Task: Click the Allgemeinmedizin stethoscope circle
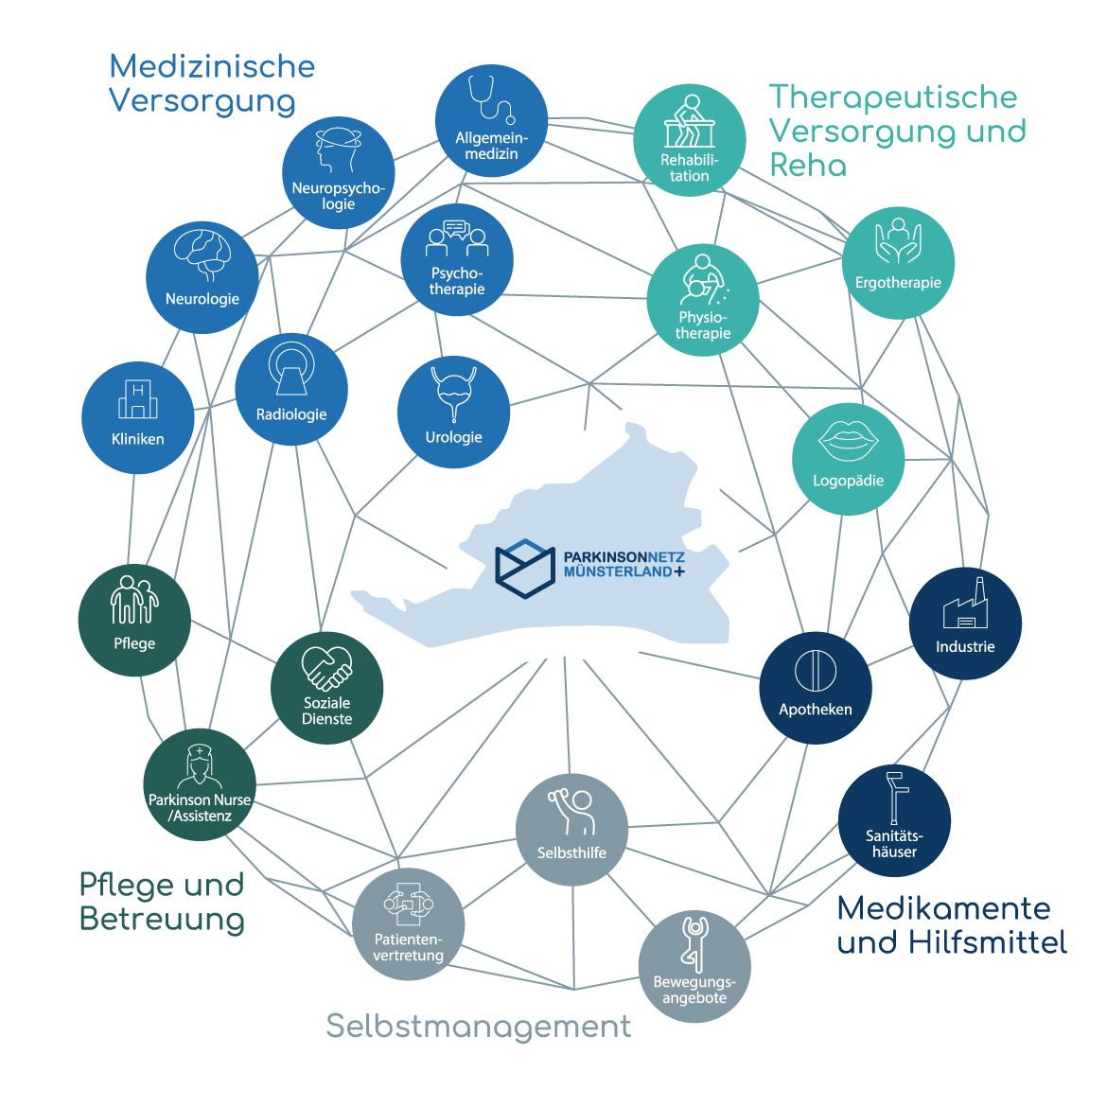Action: pyautogui.click(x=491, y=120)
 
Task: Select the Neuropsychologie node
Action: pyautogui.click(x=338, y=173)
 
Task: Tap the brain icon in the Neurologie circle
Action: pyautogui.click(x=202, y=254)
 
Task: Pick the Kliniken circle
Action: pyautogui.click(x=138, y=417)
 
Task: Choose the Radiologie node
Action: pyautogui.click(x=291, y=389)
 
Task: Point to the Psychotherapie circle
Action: pyautogui.click(x=457, y=260)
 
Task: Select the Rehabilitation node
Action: pyautogui.click(x=690, y=141)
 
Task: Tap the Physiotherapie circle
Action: pyautogui.click(x=703, y=300)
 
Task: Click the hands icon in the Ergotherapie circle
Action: pyautogui.click(x=898, y=242)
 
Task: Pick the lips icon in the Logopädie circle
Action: pyautogui.click(x=848, y=440)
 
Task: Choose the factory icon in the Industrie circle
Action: pyautogui.click(x=965, y=606)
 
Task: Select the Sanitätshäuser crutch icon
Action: pyautogui.click(x=894, y=799)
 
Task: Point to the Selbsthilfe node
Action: pyautogui.click(x=571, y=830)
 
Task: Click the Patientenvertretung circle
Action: pyautogui.click(x=409, y=923)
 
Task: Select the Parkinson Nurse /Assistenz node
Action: pyautogui.click(x=200, y=784)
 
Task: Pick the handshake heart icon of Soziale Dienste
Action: pyautogui.click(x=326, y=668)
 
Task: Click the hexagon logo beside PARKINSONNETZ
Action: pyautogui.click(x=524, y=568)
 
